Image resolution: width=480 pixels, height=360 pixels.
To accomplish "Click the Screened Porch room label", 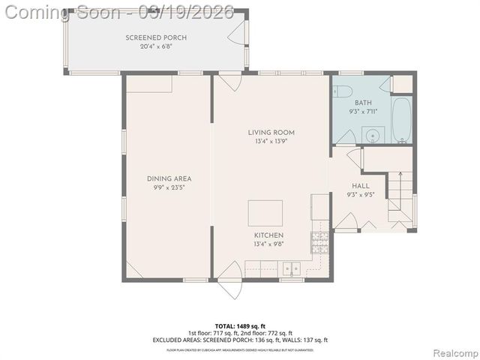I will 156,37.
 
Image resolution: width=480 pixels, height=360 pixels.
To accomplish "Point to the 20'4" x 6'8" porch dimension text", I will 156,46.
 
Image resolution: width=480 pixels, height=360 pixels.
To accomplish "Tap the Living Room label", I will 266,133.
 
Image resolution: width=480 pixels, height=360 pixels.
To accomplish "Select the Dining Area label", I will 169,178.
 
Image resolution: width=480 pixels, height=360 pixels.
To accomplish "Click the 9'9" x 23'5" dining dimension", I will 169,187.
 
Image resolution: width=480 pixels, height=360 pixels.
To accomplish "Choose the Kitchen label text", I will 268,235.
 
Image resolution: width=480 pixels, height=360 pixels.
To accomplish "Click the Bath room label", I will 363,103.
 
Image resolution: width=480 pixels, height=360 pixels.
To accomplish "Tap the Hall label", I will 360,186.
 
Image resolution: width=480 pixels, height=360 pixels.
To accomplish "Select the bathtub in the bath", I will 402,120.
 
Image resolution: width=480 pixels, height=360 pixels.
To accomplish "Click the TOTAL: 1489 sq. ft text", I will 239,326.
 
